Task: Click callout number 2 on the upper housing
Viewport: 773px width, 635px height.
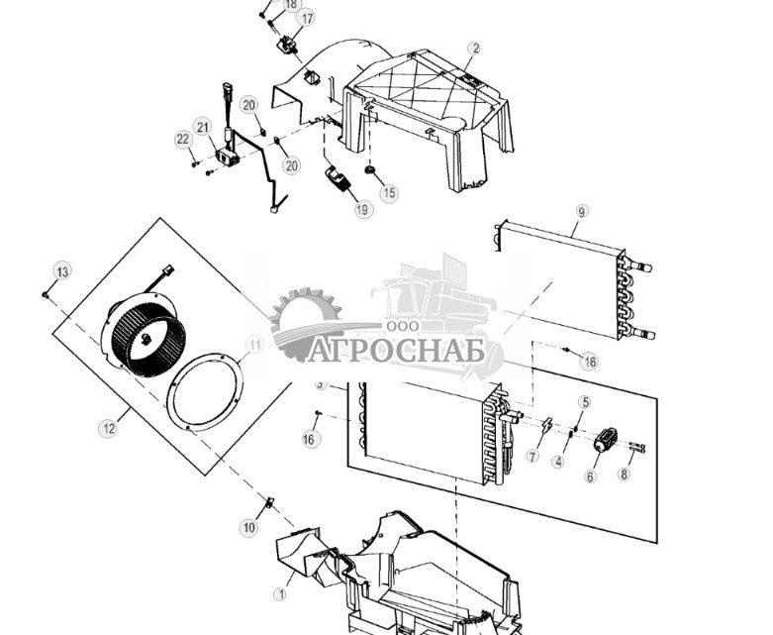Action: click(474, 49)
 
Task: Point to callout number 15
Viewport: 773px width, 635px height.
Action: click(388, 193)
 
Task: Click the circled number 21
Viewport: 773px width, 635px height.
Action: click(203, 127)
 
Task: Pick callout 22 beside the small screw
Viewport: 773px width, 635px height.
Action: click(183, 140)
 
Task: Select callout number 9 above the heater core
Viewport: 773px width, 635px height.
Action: click(581, 211)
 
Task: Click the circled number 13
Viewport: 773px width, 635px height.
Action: click(62, 271)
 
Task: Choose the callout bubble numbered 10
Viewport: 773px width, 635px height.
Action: click(248, 528)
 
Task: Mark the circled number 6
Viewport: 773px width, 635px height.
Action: click(591, 476)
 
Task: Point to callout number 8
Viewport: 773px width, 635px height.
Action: click(624, 474)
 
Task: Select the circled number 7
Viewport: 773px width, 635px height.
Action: click(533, 457)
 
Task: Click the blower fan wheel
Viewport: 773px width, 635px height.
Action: click(145, 341)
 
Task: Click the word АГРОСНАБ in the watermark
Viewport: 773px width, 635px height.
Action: click(396, 350)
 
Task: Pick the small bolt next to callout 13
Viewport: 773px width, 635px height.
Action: click(47, 294)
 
